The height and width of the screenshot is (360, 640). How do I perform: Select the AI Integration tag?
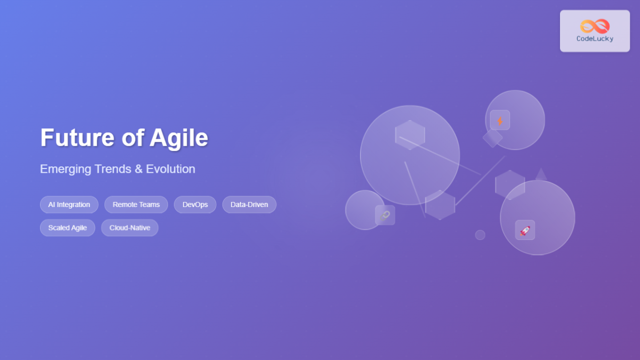click(69, 205)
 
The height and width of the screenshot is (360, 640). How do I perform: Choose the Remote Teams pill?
click(136, 205)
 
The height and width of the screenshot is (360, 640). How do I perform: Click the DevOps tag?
click(195, 205)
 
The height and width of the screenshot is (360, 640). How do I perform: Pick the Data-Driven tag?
click(249, 205)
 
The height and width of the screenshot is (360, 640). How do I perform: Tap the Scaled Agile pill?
click(68, 228)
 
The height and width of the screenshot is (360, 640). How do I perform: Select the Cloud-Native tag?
click(130, 228)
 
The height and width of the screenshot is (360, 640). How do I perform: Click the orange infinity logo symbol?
click(595, 26)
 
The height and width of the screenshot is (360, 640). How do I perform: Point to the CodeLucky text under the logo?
click(595, 39)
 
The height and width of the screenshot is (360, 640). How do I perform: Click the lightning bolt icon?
click(500, 121)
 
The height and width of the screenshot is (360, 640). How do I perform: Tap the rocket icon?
click(525, 230)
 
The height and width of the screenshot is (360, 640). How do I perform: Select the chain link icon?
click(385, 215)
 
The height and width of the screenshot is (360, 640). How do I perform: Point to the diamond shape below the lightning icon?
click(493, 138)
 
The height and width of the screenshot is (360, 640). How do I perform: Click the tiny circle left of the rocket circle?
click(480, 235)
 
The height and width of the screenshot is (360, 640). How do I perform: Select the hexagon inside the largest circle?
click(410, 134)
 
